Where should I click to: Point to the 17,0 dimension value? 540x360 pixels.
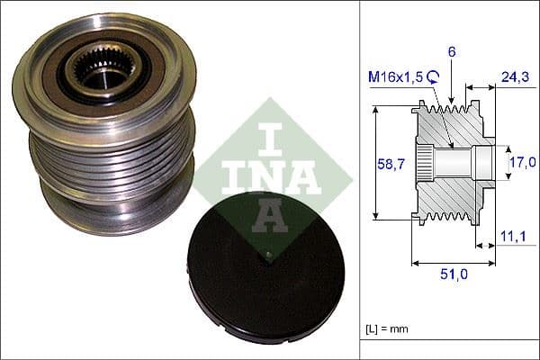tap(522, 162)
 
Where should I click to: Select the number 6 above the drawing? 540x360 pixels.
tap(451, 53)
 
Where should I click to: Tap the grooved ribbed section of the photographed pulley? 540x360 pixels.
tap(112, 157)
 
